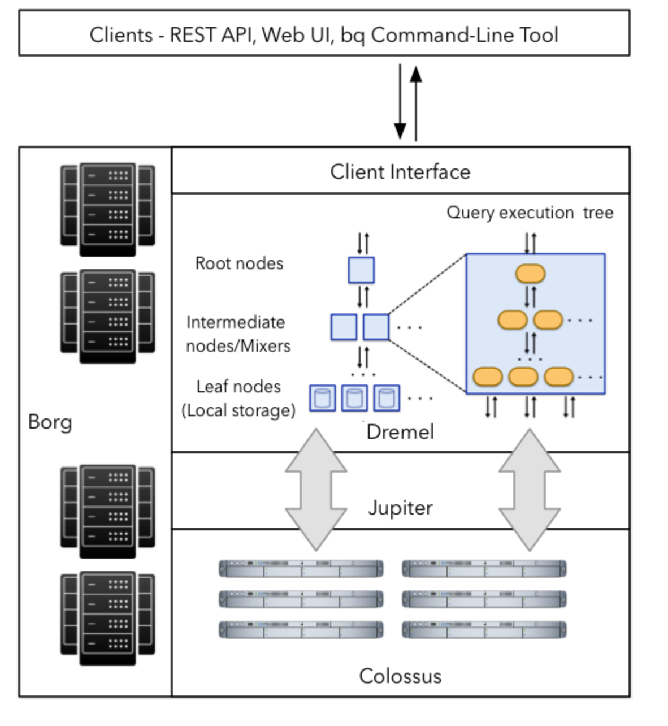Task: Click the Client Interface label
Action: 400,171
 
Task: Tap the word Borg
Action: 50,422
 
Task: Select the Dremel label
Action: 400,432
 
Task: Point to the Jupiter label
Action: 400,508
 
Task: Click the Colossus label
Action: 400,676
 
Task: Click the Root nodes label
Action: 239,263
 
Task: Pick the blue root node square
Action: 361,270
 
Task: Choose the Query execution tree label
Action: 530,213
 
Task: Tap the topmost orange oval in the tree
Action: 530,274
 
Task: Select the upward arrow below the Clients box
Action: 416,103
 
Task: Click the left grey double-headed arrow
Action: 316,490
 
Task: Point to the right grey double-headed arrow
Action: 530,490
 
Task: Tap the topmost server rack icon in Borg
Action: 107,210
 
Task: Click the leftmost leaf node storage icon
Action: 323,398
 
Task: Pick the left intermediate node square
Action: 344,327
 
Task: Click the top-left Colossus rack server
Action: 301,569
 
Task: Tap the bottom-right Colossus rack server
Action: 484,629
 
